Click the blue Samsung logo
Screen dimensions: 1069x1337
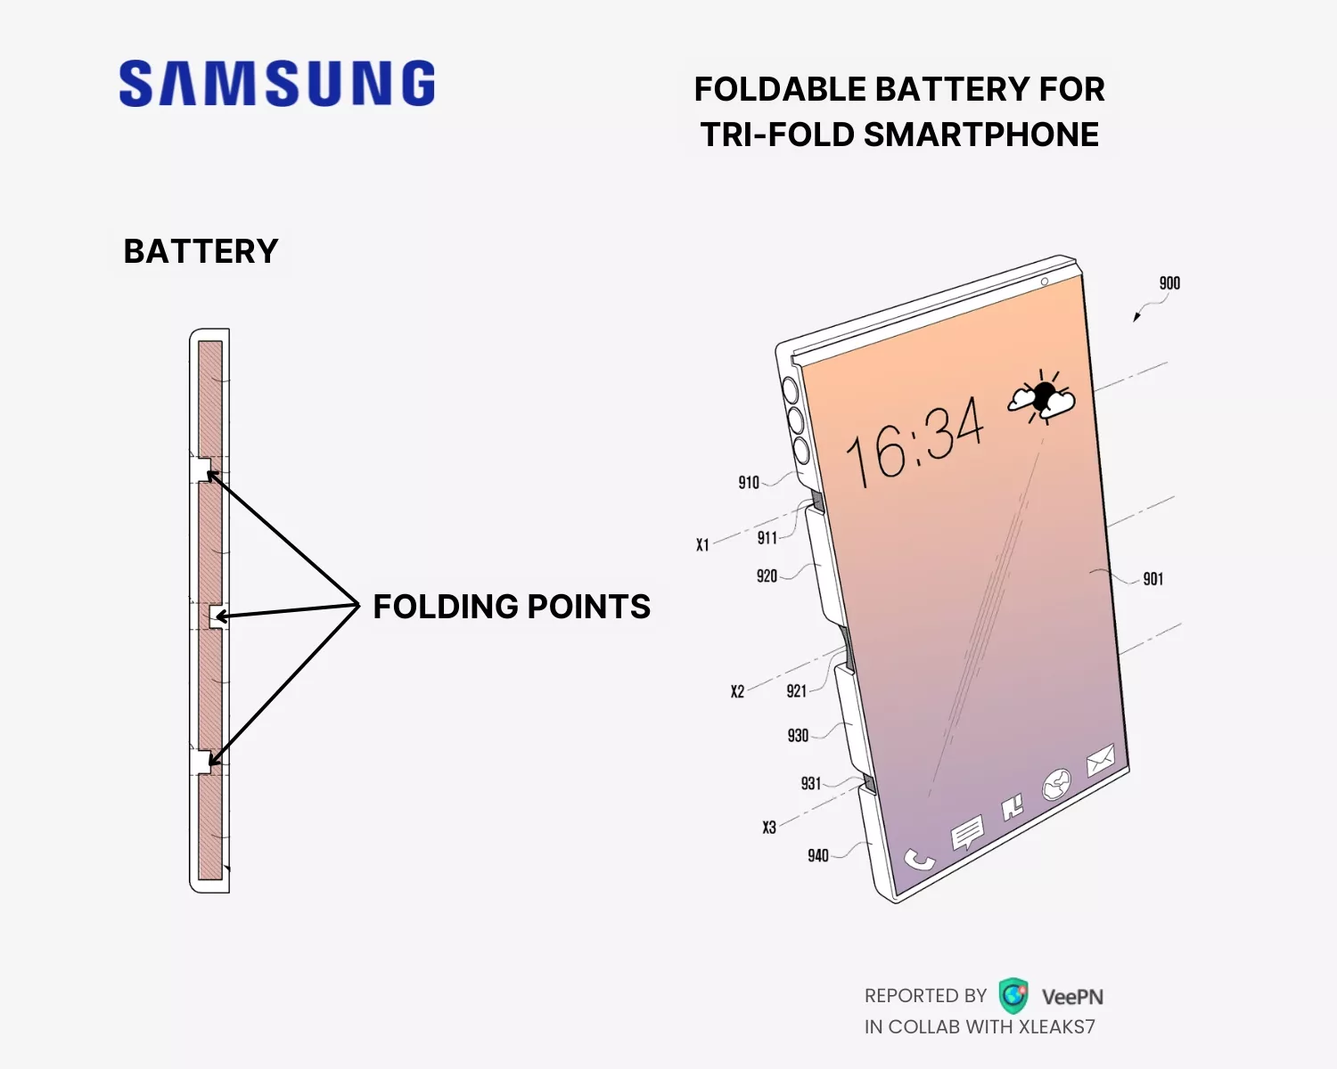[x=276, y=84]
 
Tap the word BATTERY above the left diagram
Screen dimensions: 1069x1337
[x=201, y=251]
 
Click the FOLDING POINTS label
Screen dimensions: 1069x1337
[x=512, y=607]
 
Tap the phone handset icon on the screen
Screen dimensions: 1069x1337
[x=919, y=860]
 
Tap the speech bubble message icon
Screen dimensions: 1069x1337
[x=966, y=835]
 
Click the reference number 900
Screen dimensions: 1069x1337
[x=1169, y=283]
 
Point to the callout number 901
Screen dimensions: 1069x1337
[x=1153, y=579]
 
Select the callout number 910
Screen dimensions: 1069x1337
[x=749, y=483]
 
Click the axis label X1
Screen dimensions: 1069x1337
[x=702, y=544]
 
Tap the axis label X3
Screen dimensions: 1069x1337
[x=769, y=828]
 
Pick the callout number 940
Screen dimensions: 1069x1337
[x=818, y=856]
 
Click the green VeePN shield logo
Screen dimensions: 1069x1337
[x=1013, y=996]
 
